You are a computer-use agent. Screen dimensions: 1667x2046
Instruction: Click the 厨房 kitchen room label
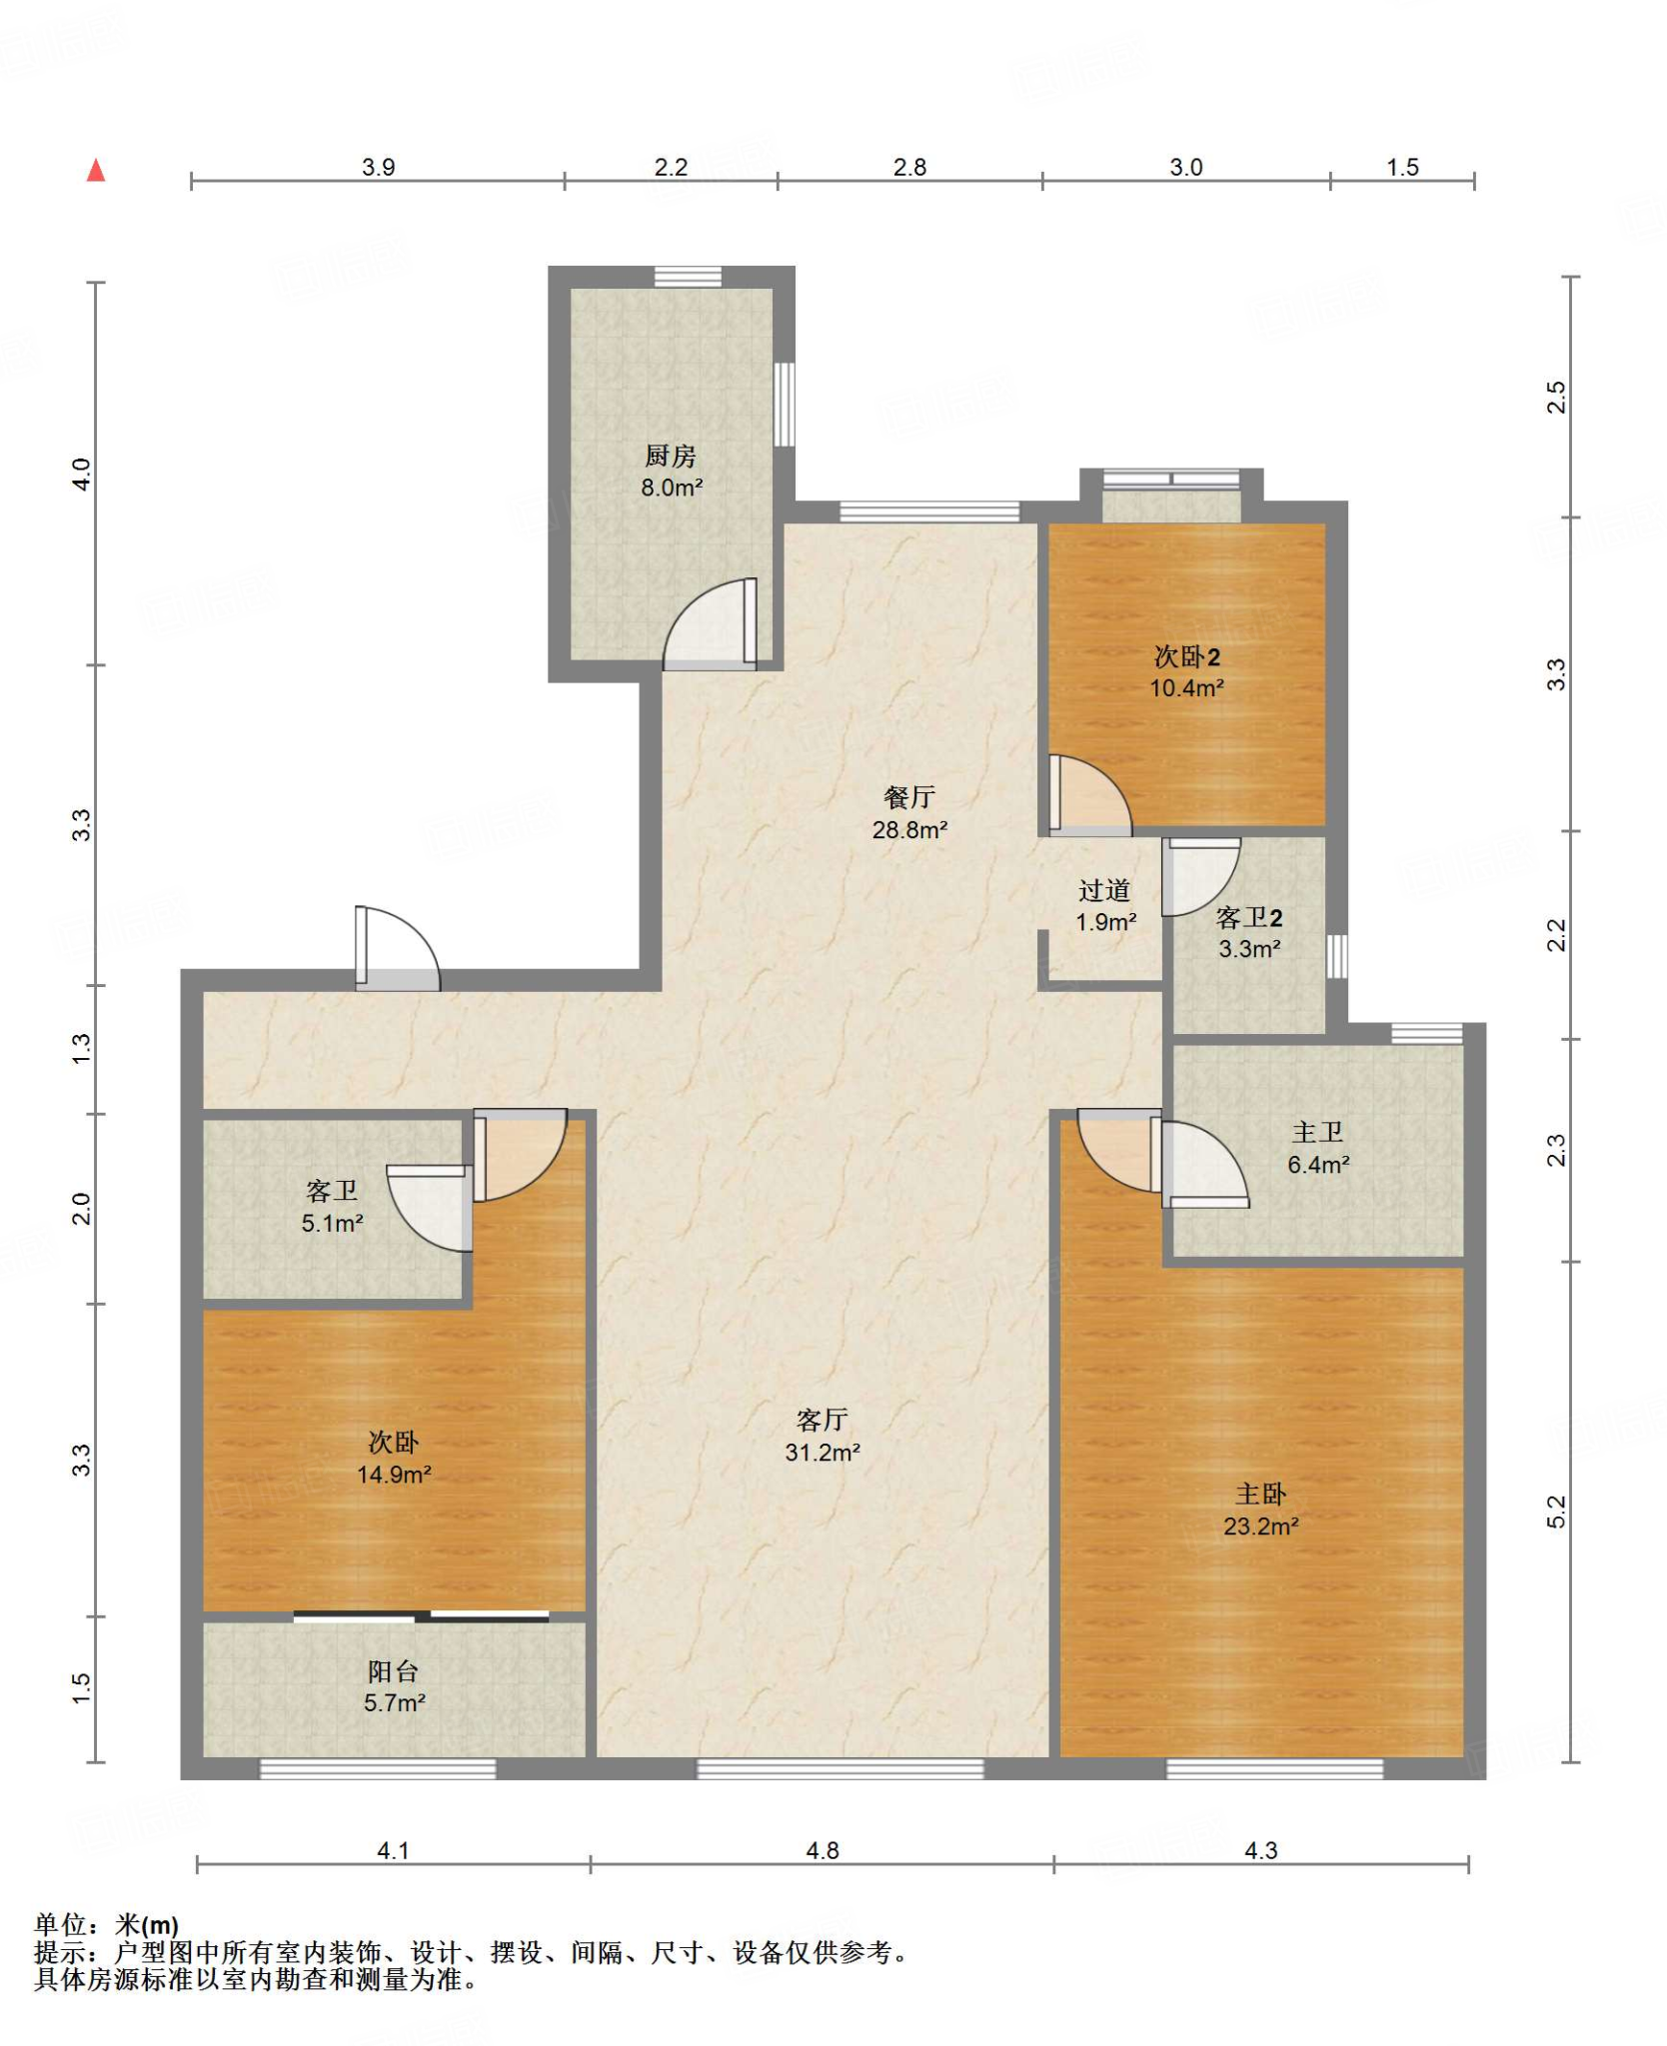pos(670,457)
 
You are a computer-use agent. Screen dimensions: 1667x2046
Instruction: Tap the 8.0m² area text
pos(672,488)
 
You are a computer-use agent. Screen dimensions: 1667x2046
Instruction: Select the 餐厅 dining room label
pos(909,797)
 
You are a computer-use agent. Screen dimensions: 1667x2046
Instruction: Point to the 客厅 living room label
pos(822,1420)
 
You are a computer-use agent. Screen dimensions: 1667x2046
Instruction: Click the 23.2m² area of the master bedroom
pos(1260,1526)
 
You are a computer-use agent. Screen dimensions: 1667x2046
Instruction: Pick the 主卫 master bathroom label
pos(1317,1132)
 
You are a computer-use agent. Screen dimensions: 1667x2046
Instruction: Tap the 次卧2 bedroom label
pos(1186,656)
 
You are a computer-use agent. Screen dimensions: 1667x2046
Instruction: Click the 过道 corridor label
pos(1104,890)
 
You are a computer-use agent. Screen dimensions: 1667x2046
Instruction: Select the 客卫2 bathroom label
pos(1249,917)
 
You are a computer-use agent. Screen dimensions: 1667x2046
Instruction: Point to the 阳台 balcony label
pos(393,1670)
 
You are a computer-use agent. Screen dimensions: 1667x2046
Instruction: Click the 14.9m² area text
pos(394,1474)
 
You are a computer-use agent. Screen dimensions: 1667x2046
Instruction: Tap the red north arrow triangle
pos(96,170)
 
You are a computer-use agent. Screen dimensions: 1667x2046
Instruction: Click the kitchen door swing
pos(711,624)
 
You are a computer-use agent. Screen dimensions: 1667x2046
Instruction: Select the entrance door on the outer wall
pos(397,948)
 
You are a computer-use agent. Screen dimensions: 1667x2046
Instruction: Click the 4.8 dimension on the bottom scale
pos(822,1850)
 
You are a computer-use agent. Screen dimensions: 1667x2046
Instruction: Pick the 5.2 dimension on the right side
pos(1556,1513)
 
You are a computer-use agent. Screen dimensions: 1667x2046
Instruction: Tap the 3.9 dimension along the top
pos(378,167)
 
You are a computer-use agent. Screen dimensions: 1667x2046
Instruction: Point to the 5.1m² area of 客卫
pos(332,1223)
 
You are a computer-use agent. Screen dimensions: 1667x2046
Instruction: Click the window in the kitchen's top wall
pos(688,277)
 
